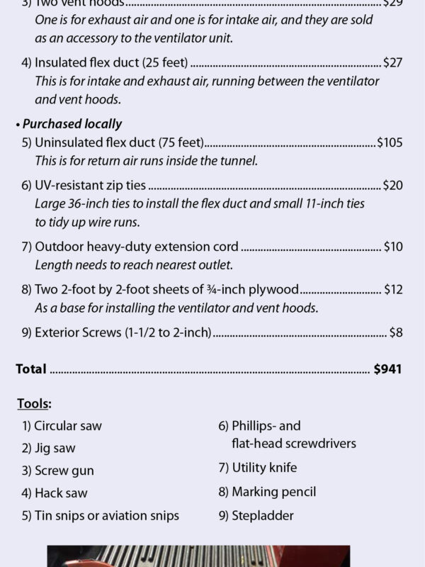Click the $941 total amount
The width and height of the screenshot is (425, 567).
(x=387, y=369)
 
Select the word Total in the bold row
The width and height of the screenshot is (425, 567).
(x=31, y=369)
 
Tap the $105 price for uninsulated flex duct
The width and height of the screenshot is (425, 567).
(x=390, y=142)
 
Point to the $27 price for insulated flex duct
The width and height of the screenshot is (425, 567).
(x=392, y=62)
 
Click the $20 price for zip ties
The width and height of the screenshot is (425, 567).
(x=392, y=186)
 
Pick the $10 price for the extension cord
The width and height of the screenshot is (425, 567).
(x=393, y=247)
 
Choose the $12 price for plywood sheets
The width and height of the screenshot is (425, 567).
(x=393, y=289)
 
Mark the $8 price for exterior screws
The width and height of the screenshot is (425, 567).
(x=396, y=332)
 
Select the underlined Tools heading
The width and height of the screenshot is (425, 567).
(x=34, y=404)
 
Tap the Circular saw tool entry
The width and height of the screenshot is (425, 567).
(x=67, y=426)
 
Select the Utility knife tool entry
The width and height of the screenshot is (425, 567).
(x=264, y=468)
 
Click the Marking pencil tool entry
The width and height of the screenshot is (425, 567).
(x=273, y=491)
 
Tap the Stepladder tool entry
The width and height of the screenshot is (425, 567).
(x=262, y=515)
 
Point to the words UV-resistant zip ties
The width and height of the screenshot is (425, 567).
(x=90, y=186)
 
